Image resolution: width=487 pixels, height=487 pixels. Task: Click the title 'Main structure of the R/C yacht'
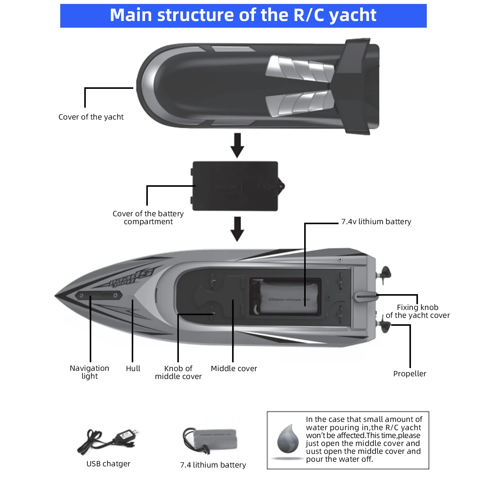click(243, 15)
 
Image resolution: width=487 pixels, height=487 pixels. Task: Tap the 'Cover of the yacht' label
click(91, 117)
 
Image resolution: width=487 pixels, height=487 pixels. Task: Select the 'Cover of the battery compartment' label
click(148, 217)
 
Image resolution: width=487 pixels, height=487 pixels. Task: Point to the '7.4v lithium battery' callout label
click(376, 222)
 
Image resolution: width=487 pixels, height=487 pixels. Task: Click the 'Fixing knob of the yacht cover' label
click(418, 311)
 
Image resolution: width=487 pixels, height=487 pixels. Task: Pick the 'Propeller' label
click(409, 374)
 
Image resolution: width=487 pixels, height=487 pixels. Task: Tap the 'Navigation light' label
click(89, 372)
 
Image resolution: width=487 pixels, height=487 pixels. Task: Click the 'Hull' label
click(133, 369)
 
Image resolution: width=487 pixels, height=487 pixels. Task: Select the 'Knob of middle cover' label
click(178, 372)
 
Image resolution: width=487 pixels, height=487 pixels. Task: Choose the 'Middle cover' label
click(234, 369)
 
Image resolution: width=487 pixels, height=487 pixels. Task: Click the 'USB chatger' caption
click(108, 464)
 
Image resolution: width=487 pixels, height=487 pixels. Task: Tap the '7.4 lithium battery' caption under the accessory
click(213, 465)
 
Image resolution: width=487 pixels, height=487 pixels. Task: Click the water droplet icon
click(288, 439)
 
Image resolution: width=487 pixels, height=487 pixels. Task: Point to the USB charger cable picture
click(108, 441)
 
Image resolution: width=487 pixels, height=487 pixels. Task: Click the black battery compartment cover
click(235, 186)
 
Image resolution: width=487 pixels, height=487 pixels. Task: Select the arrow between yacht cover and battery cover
click(237, 145)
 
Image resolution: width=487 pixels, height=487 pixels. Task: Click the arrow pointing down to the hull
click(237, 229)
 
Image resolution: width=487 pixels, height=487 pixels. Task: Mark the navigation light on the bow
click(99, 295)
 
